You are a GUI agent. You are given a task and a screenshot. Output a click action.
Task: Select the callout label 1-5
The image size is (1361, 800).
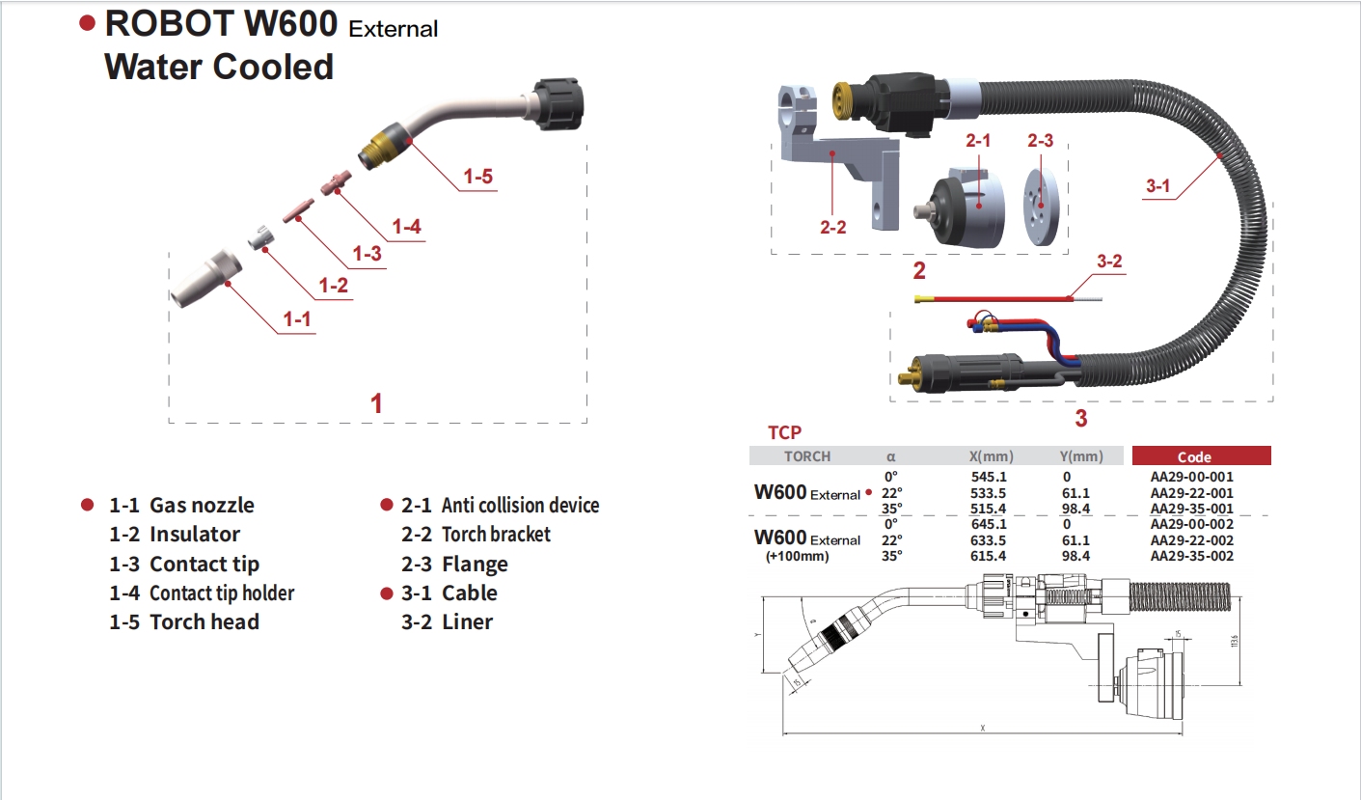tap(478, 177)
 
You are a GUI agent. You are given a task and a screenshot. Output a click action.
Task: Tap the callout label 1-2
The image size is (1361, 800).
tap(333, 286)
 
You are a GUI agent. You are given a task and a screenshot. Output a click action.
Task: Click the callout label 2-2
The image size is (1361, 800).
tap(833, 228)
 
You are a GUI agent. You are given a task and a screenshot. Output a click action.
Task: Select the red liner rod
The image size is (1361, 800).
tap(994, 298)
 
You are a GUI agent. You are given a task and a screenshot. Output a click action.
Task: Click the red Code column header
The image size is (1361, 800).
tap(1201, 456)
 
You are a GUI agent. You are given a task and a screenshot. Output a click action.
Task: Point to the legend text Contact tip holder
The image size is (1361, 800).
tap(222, 593)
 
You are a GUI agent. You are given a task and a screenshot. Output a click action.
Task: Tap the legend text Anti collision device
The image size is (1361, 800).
tap(520, 506)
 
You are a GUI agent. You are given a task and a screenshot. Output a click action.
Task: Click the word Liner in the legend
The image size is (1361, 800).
tap(467, 622)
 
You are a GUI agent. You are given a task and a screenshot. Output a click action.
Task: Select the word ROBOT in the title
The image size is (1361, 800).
tap(168, 23)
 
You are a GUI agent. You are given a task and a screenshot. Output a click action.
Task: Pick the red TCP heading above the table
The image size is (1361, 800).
tap(784, 433)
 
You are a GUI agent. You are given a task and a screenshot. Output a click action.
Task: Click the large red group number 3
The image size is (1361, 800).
tap(1080, 419)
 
